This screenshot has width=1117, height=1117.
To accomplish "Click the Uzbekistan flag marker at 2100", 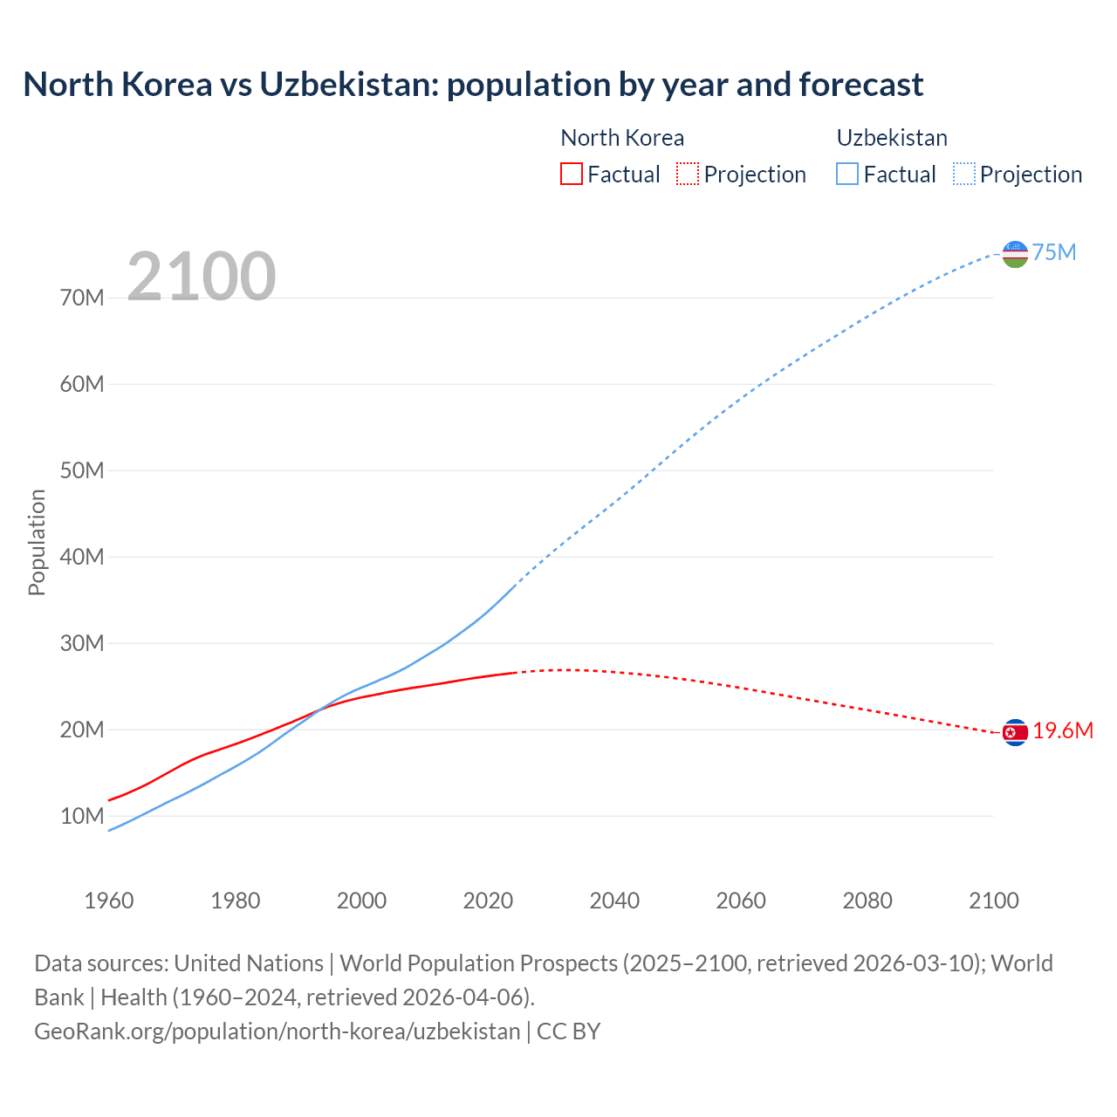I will pyautogui.click(x=1015, y=254).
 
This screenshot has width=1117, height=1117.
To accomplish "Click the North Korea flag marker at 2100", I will pyautogui.click(x=1015, y=732).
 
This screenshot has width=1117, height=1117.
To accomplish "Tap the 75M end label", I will pyautogui.click(x=1054, y=252).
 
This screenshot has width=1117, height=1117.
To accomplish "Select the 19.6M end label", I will pyautogui.click(x=1063, y=731).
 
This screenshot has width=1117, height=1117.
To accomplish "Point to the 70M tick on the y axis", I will pyautogui.click(x=82, y=298).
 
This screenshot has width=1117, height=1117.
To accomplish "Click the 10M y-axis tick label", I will pyautogui.click(x=82, y=816).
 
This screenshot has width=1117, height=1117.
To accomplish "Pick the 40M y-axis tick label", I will pyautogui.click(x=82, y=557).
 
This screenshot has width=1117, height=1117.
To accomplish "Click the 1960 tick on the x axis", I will pyautogui.click(x=109, y=901).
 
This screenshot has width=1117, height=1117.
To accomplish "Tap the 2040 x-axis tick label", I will pyautogui.click(x=614, y=901).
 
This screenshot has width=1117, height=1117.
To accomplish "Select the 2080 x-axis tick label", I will pyautogui.click(x=867, y=901).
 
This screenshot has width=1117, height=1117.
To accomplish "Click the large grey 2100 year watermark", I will pyautogui.click(x=202, y=277).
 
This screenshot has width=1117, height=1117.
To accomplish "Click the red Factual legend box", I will pyautogui.click(x=572, y=174).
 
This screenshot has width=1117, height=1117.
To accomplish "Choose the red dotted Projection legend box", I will pyautogui.click(x=688, y=174).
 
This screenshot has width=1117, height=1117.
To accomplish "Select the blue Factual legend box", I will pyautogui.click(x=847, y=174).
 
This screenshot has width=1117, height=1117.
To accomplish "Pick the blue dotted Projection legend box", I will pyautogui.click(x=964, y=174).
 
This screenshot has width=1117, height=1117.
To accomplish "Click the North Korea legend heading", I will pyautogui.click(x=622, y=138).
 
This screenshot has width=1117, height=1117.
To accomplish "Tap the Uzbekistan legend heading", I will pyautogui.click(x=892, y=138).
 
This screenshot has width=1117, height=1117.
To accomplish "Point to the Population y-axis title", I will pyautogui.click(x=37, y=542).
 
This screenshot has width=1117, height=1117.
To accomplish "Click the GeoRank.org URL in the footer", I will pyautogui.click(x=277, y=1031).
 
